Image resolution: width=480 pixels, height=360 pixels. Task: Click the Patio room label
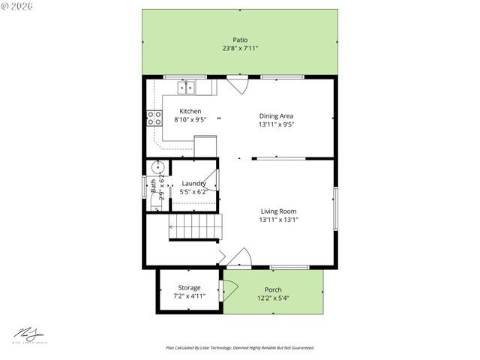pyautogui.click(x=240, y=40)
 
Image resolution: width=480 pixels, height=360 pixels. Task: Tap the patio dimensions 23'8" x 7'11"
pyautogui.click(x=240, y=49)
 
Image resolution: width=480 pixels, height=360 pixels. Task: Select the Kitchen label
pyautogui.click(x=190, y=111)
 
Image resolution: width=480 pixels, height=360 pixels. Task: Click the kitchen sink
pyautogui.click(x=186, y=88)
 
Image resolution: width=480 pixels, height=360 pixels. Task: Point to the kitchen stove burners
pyautogui.click(x=154, y=117)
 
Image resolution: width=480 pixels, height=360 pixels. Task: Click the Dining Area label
pyautogui.click(x=276, y=115)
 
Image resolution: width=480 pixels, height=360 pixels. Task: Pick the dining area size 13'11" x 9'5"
pyautogui.click(x=276, y=124)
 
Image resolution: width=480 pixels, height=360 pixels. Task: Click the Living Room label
pyautogui.click(x=278, y=211)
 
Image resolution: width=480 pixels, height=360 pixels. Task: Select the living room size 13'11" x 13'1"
pyautogui.click(x=278, y=220)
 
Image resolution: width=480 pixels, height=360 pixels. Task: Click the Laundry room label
pyautogui.click(x=193, y=183)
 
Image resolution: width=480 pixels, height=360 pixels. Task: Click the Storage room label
pyautogui.click(x=189, y=287)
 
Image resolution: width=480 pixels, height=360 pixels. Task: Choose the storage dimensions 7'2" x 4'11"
pyautogui.click(x=189, y=296)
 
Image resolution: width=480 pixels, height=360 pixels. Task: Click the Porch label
pyautogui.click(x=273, y=289)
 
